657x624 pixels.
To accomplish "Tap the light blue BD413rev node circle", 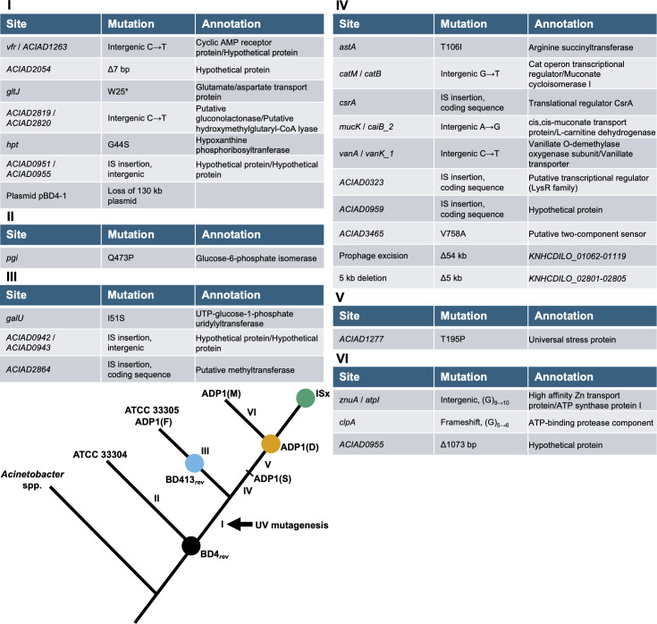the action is [195, 463].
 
